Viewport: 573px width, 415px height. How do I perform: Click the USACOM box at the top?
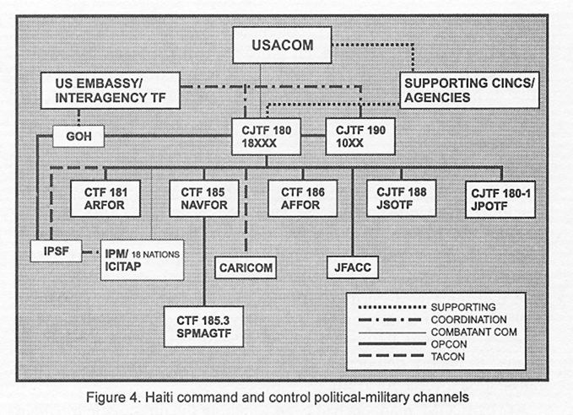282,45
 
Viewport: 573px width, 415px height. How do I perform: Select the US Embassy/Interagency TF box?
111,90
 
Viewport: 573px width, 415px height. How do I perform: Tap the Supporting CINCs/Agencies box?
469,90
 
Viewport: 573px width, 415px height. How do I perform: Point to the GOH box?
78,137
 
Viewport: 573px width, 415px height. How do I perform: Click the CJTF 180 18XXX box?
267,137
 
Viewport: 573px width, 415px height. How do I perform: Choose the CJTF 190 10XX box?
360,137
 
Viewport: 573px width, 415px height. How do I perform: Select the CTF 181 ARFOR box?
105,198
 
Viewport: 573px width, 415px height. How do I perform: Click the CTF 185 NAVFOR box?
204,198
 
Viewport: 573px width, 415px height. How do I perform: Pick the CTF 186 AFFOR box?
303,198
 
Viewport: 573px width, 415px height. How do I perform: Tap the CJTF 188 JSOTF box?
401,198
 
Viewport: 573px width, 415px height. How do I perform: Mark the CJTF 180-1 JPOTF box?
500,199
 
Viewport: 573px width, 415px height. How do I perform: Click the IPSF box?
56,251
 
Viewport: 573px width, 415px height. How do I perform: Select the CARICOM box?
246,267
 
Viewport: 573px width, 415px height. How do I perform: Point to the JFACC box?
353,267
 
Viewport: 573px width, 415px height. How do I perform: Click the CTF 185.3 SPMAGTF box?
203,326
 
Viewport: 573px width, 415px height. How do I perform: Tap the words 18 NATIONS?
155,255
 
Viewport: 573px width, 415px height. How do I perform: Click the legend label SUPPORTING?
463,307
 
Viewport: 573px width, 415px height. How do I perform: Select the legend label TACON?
447,357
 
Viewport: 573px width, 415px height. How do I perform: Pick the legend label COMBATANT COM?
474,332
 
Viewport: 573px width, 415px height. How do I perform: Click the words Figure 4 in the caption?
113,397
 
